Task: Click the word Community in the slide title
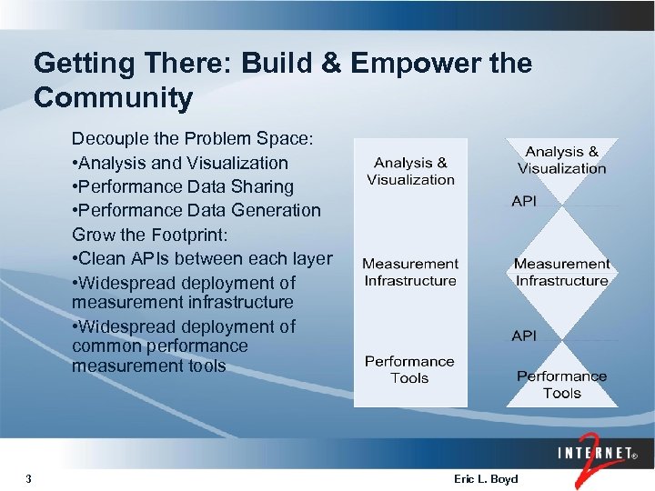click(x=113, y=97)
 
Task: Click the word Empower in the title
click(x=392, y=64)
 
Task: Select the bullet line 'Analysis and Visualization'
click(x=180, y=164)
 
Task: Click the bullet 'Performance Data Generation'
click(x=196, y=211)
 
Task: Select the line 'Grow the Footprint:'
click(x=146, y=235)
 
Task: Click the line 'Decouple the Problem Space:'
click(x=192, y=140)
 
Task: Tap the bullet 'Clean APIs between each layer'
click(x=202, y=258)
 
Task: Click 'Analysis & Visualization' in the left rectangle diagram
click(x=410, y=171)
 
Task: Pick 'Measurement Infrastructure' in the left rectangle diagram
click(x=410, y=272)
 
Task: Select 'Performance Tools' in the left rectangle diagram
click(x=409, y=369)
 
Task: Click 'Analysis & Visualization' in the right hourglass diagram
click(x=561, y=160)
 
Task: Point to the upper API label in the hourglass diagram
click(x=524, y=201)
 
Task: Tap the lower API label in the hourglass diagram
click(x=524, y=336)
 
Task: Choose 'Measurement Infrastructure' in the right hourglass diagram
click(x=561, y=272)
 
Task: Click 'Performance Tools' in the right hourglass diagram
click(x=561, y=385)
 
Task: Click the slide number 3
click(x=29, y=478)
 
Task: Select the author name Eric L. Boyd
click(x=485, y=478)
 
